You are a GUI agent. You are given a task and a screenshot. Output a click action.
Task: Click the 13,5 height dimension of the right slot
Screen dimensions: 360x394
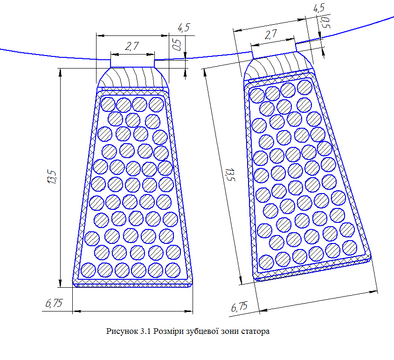229,174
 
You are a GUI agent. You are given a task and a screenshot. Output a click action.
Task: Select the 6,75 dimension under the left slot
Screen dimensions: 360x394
54,304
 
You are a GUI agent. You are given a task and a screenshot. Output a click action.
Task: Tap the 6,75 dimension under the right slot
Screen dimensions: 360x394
239,307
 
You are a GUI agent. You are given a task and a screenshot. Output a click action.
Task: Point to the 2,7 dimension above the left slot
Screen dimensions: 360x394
132,46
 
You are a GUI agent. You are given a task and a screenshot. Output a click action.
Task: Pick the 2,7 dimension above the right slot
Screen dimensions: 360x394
271,35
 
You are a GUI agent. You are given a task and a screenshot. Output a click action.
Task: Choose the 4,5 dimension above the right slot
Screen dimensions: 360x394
318,8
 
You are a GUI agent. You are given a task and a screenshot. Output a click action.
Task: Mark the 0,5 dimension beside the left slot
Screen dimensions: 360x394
177,44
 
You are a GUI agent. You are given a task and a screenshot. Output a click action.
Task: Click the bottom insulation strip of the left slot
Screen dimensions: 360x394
132,283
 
